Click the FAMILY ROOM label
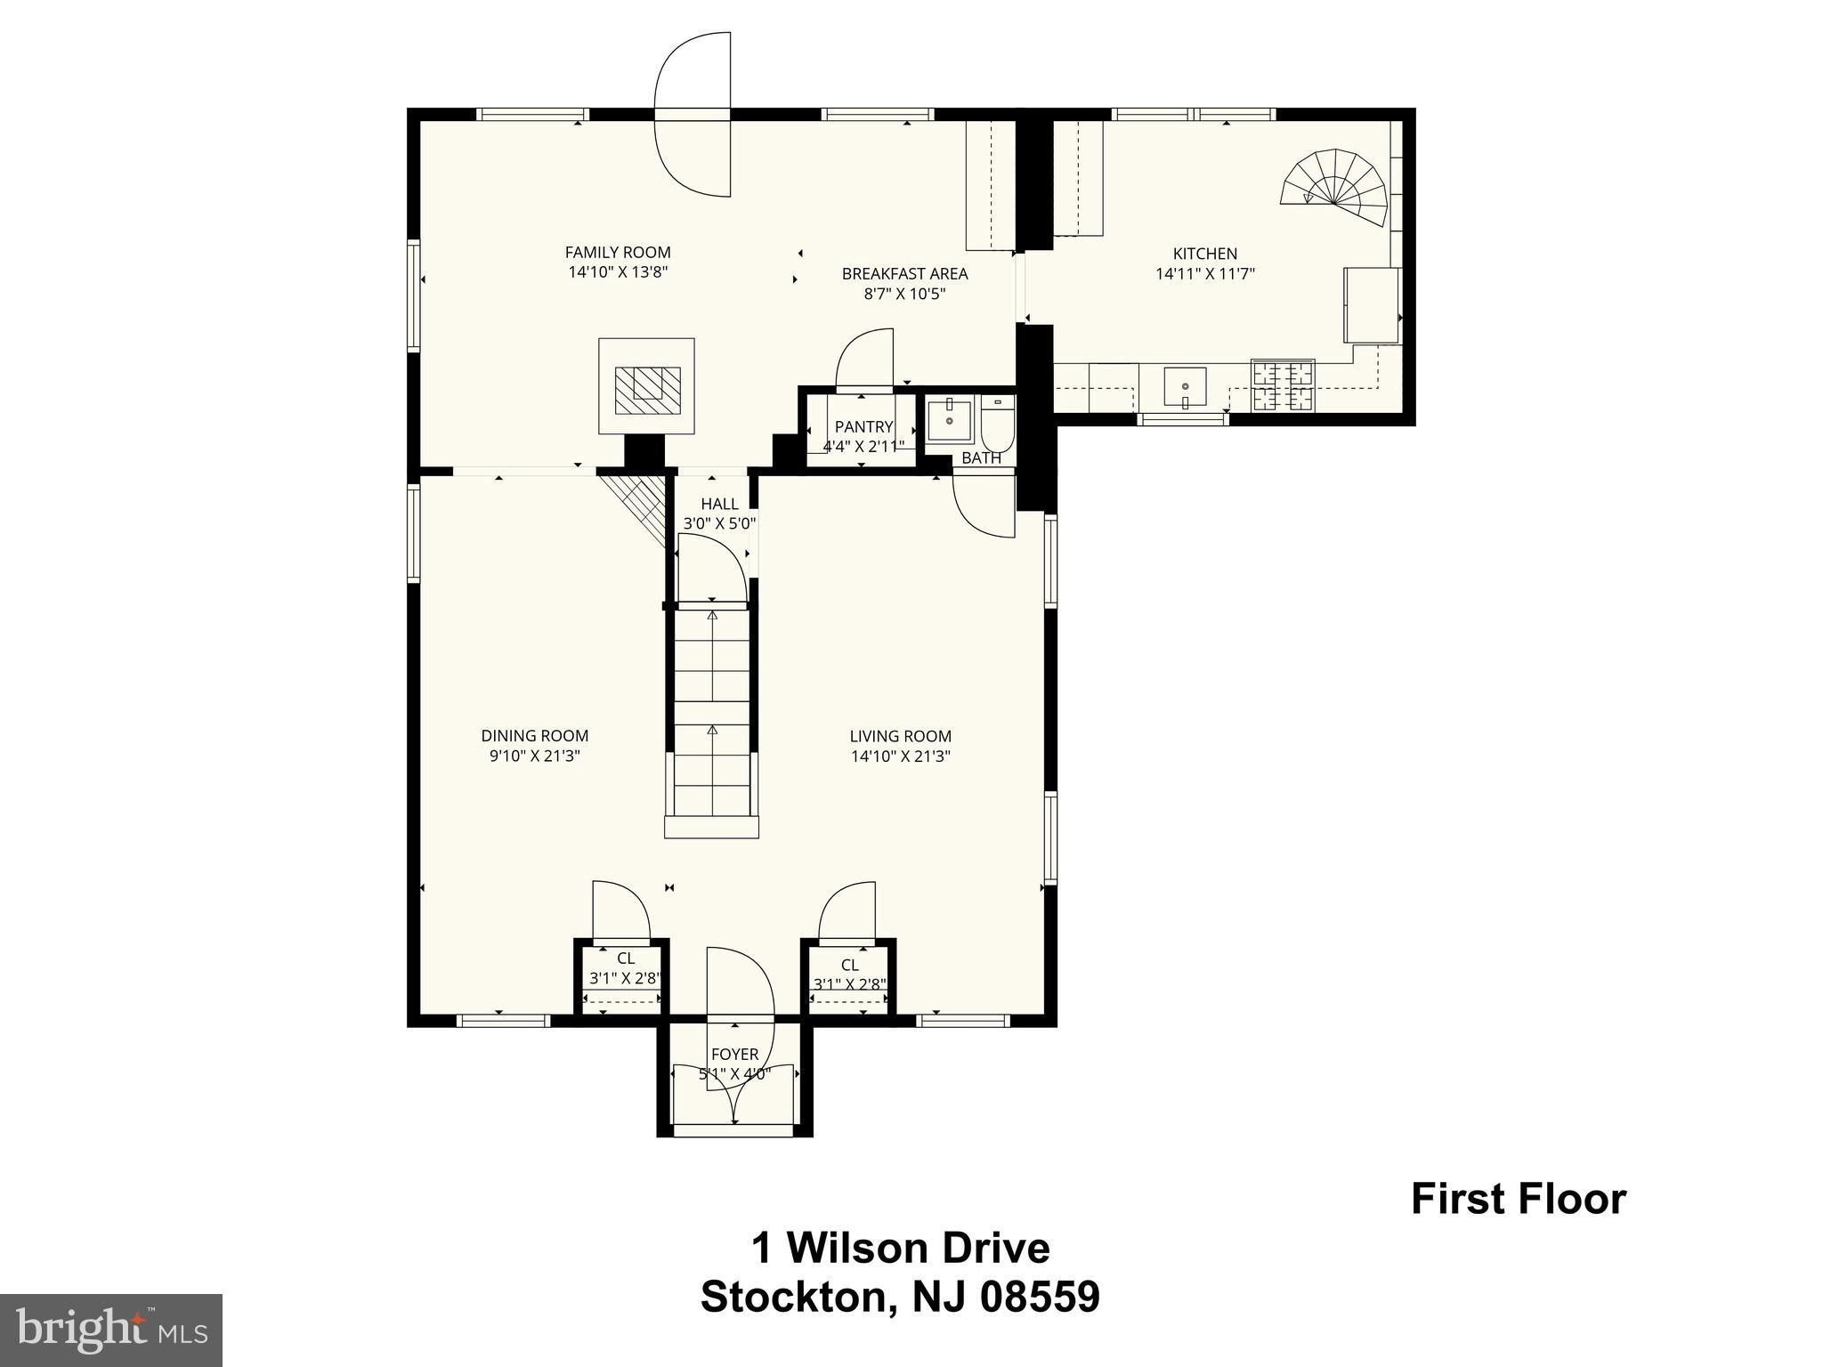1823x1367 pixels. (x=618, y=253)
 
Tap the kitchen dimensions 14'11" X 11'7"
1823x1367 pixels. (x=1204, y=274)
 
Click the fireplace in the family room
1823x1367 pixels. (x=646, y=385)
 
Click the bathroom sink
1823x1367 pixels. (x=950, y=420)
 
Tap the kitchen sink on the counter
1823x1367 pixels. (x=1185, y=387)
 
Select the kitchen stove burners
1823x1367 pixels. (x=1283, y=385)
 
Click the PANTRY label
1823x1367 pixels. (x=863, y=427)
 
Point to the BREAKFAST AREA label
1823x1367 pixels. (x=904, y=274)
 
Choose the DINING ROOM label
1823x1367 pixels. (x=535, y=736)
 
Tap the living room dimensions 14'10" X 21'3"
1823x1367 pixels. (x=901, y=756)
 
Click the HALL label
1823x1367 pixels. (x=719, y=505)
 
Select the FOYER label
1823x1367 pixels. (x=734, y=1055)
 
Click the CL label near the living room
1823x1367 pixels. (x=849, y=966)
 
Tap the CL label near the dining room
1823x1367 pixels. (x=626, y=959)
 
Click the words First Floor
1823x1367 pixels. (x=1519, y=1200)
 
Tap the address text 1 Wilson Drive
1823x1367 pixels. (x=901, y=1249)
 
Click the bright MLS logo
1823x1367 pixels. (x=111, y=1330)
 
